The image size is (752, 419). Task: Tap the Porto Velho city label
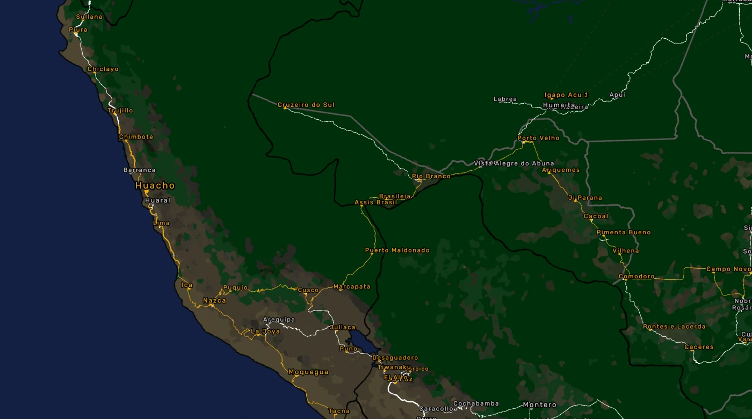(x=538, y=138)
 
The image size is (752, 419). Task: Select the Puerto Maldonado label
(x=397, y=250)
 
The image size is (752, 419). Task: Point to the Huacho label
(x=155, y=185)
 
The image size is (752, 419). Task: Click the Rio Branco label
(x=431, y=176)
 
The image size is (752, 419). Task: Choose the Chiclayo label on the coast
(x=103, y=69)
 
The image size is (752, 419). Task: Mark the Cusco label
(x=308, y=290)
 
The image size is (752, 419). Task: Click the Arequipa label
(x=279, y=320)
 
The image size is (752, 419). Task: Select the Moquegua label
(x=308, y=372)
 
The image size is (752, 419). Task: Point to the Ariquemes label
(x=561, y=170)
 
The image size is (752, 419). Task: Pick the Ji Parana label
(x=585, y=198)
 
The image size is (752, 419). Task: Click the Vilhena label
(x=626, y=251)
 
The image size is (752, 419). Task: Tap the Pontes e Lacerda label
(x=674, y=327)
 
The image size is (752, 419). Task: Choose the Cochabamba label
(x=476, y=403)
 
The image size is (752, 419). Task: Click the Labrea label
(x=505, y=99)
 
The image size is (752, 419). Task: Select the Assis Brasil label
(x=375, y=203)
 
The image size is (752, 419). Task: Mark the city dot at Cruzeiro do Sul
(x=285, y=107)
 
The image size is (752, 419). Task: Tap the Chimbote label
(x=136, y=137)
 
